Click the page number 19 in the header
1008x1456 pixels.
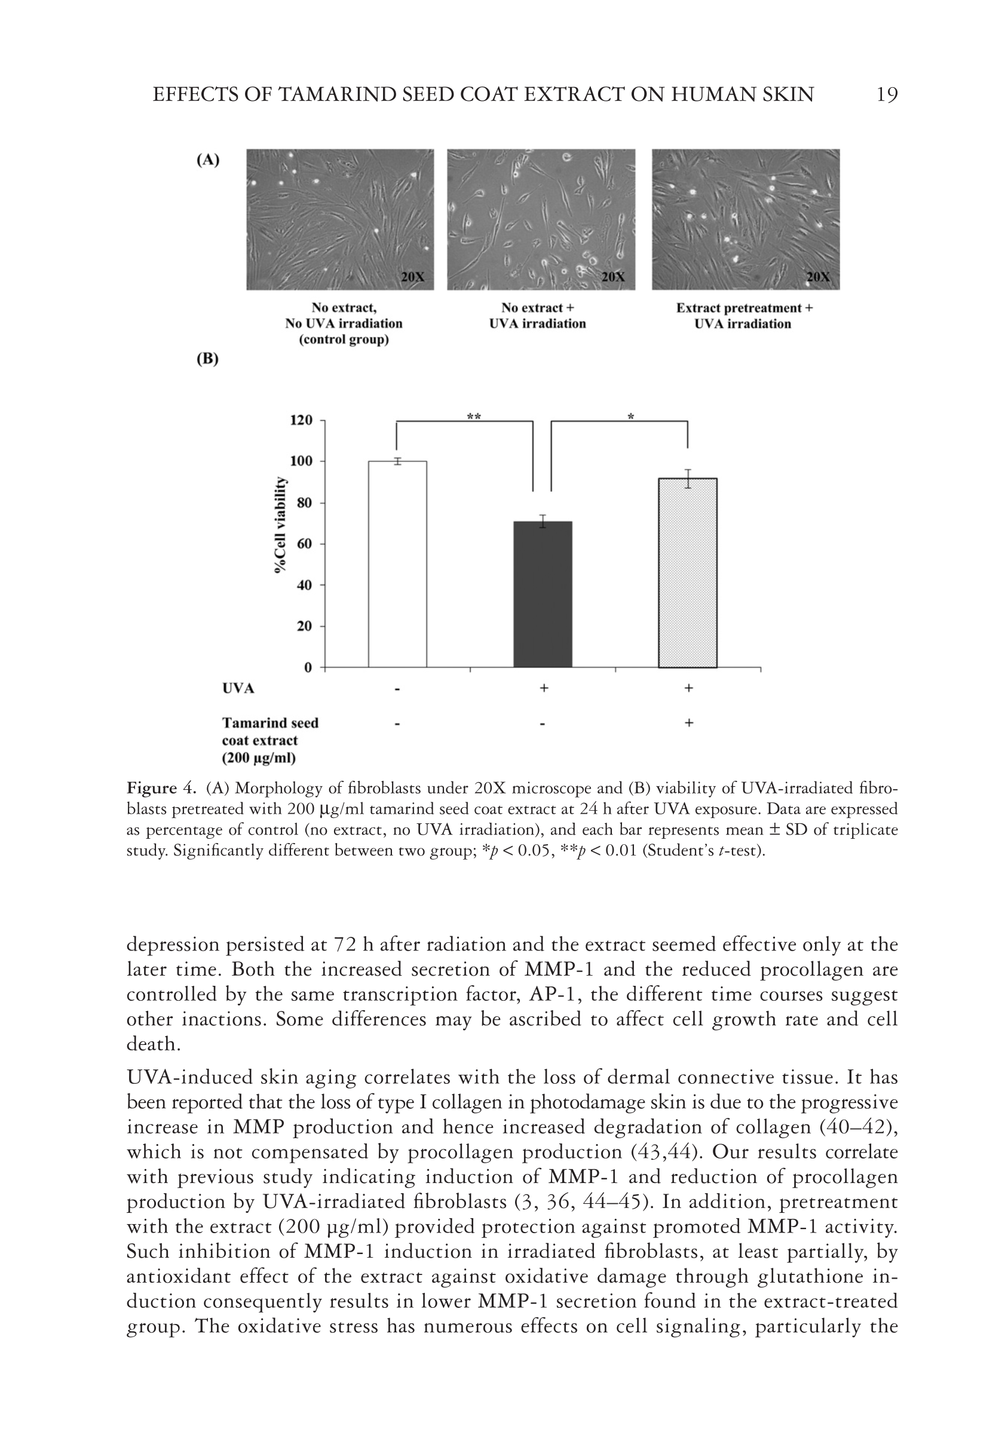coord(887,95)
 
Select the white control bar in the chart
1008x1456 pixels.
coord(397,563)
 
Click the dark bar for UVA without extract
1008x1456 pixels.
coord(543,593)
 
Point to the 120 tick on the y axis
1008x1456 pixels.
coord(301,421)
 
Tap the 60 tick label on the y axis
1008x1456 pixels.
coord(304,544)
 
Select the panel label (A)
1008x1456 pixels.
coord(208,160)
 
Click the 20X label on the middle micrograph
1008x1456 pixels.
coord(612,277)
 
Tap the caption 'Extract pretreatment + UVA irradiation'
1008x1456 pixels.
coord(744,315)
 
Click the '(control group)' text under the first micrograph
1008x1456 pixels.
coord(344,340)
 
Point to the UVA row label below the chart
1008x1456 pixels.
coord(238,688)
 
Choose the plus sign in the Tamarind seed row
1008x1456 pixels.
coord(688,723)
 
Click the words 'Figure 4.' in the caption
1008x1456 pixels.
coord(162,788)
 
